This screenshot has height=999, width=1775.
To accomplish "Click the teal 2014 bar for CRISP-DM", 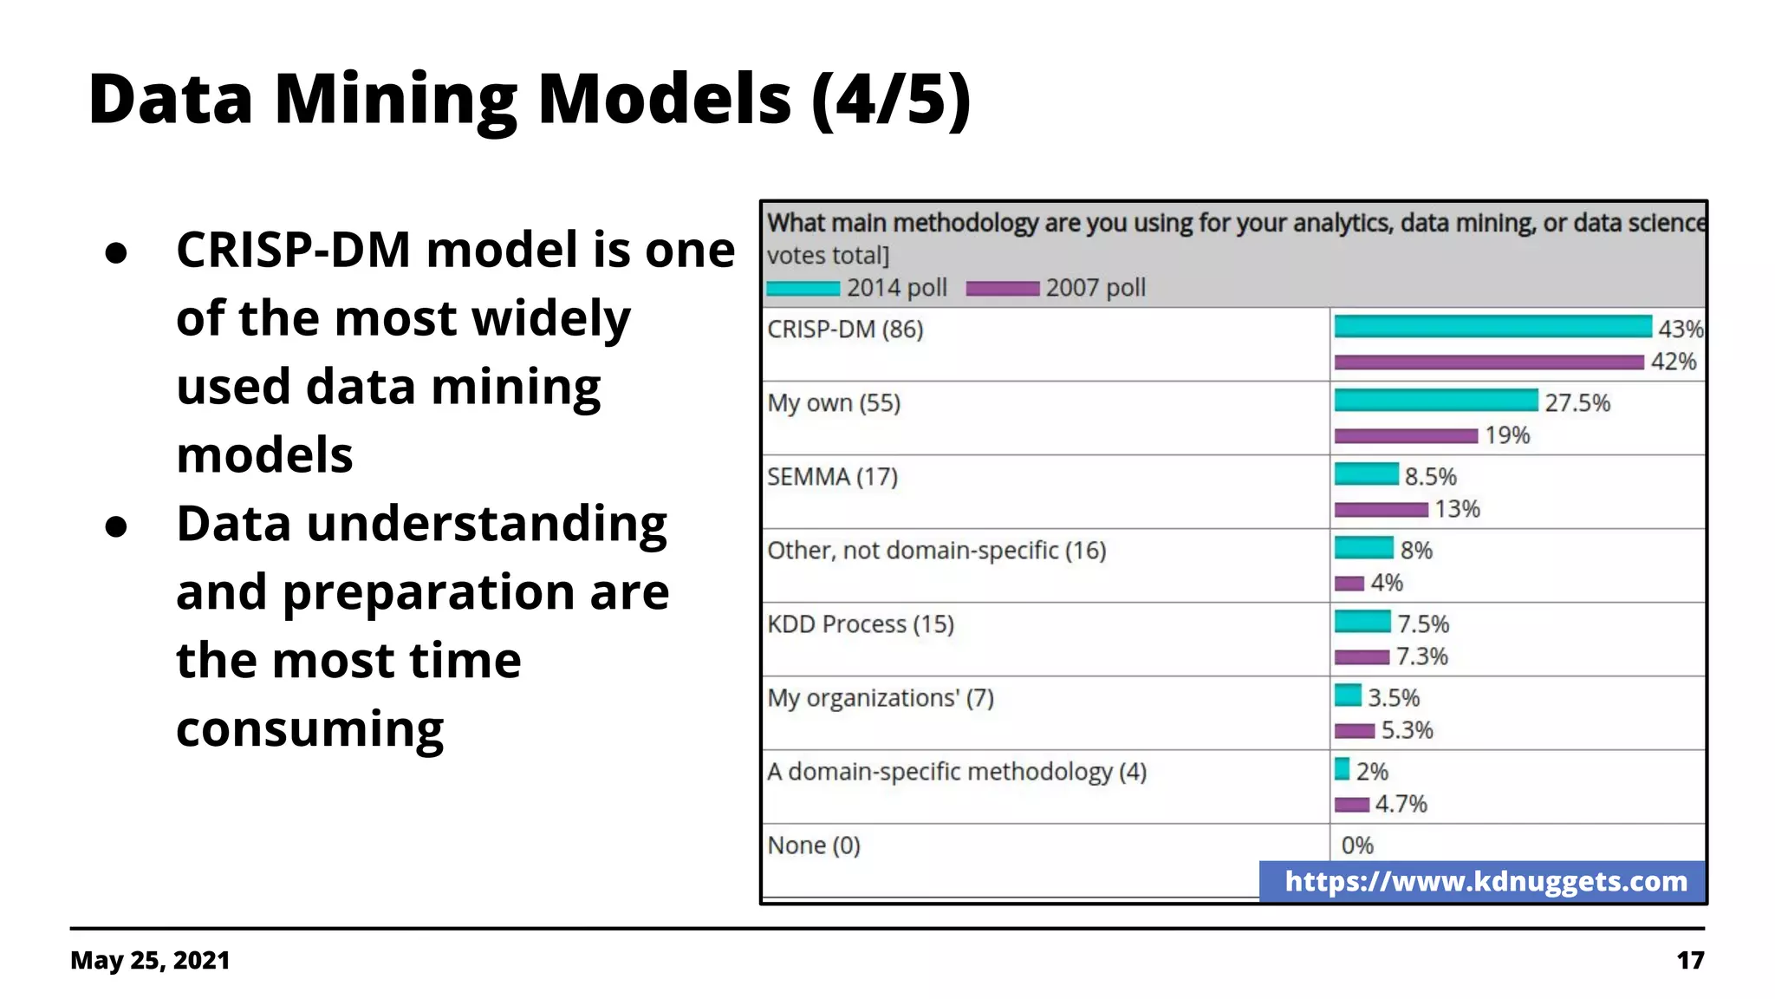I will [1492, 327].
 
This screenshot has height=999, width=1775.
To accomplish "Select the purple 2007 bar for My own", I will [1406, 435].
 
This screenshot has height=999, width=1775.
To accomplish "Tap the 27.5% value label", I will [1577, 403].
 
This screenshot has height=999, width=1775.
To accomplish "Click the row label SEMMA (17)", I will [832, 477].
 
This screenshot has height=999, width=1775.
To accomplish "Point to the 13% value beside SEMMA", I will [1457, 509].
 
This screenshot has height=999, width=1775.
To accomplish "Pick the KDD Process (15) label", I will [860, 624].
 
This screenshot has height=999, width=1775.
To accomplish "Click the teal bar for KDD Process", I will [1362, 622].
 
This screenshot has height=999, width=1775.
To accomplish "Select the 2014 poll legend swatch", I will [803, 289].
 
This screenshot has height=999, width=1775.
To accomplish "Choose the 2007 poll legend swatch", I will [1002, 289].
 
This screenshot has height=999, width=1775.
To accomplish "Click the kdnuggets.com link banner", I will [1485, 882].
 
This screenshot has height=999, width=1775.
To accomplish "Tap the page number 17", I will [1689, 961].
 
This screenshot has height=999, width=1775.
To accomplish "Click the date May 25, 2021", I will [150, 961].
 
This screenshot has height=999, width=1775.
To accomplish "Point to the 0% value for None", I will [1357, 846].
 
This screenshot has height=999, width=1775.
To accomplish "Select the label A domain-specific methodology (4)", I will [956, 772].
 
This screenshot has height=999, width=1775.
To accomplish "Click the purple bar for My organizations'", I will [1354, 731].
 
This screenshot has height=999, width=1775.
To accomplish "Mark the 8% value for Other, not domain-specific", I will [1416, 551].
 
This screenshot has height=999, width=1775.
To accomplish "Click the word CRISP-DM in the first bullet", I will [292, 251].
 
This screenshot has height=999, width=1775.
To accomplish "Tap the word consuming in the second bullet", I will [309, 729].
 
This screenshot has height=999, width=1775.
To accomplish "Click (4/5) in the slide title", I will [890, 100].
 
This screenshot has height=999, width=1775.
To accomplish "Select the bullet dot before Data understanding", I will [116, 526].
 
